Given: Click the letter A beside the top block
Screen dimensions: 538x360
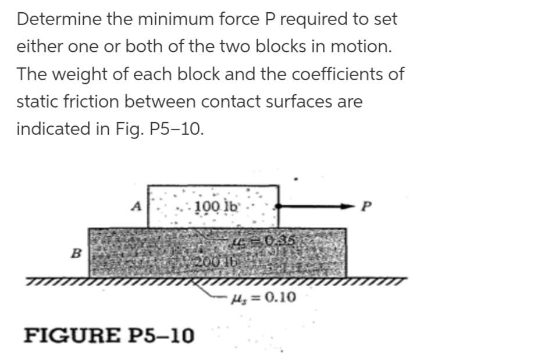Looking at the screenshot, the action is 137,205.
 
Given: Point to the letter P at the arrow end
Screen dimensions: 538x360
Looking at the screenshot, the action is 365,206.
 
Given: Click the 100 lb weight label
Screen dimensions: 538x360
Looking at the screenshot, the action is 215,206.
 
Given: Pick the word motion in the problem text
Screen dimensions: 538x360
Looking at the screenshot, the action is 364,47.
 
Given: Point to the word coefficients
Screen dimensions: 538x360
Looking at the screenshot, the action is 330,74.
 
